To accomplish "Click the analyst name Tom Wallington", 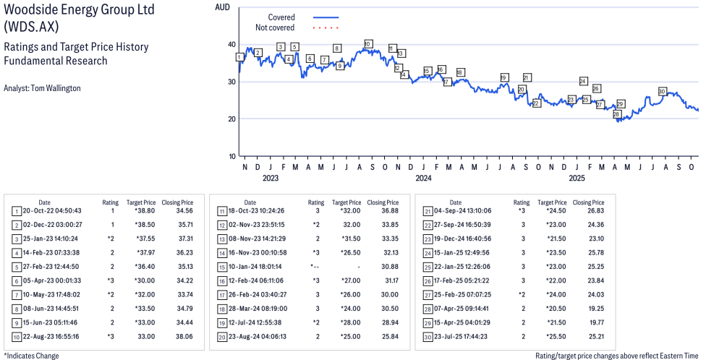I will (42, 88).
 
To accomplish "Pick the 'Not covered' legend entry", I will (275, 27).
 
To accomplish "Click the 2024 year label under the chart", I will (423, 178).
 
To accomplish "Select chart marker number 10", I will (368, 44).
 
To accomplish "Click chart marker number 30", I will (662, 92).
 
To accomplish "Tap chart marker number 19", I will (504, 77).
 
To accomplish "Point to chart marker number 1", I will (239, 57).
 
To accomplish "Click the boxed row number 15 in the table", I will (222, 267).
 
